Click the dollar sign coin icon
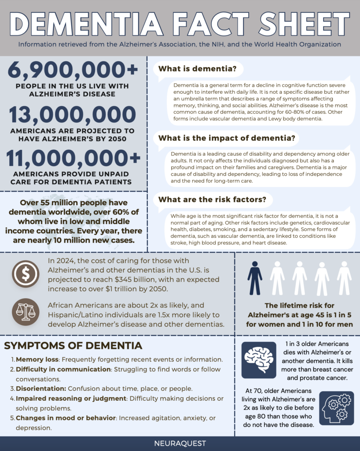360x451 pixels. pos(26,274)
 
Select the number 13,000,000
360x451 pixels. pos(73,116)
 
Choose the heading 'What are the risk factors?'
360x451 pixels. pos(212,200)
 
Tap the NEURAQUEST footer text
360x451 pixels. pos(180,444)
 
